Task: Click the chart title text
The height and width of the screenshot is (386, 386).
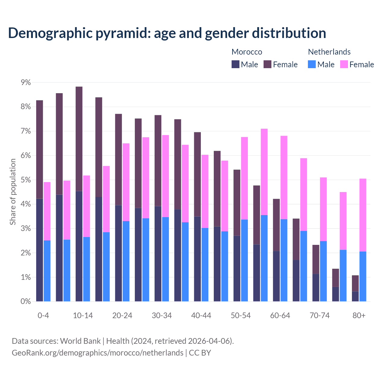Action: (167, 33)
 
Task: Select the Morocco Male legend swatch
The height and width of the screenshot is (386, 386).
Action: (236, 64)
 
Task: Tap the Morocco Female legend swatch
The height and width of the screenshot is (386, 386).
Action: (267, 64)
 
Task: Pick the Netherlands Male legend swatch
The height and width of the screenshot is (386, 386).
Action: (312, 64)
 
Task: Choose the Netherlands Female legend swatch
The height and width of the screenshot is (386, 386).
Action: (344, 64)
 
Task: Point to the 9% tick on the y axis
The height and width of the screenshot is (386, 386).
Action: (26, 82)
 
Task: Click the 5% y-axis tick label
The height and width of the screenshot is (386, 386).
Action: (26, 180)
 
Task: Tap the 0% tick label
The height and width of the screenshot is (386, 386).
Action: (26, 301)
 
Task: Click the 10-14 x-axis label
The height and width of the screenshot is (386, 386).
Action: (83, 315)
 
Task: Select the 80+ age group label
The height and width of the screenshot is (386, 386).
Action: (359, 315)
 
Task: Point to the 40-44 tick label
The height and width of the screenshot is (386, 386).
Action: (201, 315)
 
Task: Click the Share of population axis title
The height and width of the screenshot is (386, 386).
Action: (13, 192)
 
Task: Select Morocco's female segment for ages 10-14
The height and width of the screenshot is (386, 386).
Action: (79, 139)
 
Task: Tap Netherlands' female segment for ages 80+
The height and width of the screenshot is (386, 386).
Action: (363, 215)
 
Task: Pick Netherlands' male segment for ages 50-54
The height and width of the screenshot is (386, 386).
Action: (245, 260)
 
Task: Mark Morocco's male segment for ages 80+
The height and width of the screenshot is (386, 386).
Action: (355, 296)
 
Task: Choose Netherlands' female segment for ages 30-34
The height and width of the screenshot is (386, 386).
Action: (166, 176)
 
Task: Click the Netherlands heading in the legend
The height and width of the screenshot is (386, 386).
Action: (329, 52)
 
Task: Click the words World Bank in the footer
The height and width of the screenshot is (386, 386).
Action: (80, 341)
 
